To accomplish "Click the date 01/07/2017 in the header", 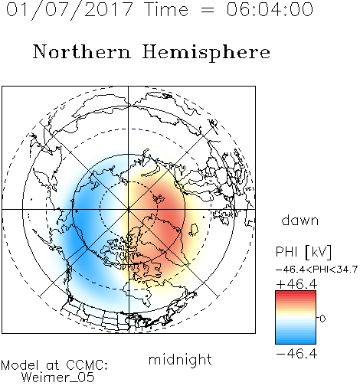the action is [69, 10].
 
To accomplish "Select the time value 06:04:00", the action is [270, 9].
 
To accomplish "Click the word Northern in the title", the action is [82, 51].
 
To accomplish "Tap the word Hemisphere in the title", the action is [206, 53].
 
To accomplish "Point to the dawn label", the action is [300, 220].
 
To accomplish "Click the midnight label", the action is [180, 360].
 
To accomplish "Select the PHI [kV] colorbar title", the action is [303, 252].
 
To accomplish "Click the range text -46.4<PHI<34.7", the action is [316, 270].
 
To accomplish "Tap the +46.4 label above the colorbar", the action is [296, 284].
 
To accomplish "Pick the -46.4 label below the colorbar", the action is [296, 354].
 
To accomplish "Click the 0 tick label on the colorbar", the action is [322, 319].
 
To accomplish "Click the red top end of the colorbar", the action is [296, 293].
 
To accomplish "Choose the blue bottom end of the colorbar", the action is [296, 342].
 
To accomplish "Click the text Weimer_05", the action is [58, 377].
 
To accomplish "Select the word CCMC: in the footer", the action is [87, 365].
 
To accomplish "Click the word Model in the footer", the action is [20, 365].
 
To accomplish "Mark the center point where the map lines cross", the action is [129, 209].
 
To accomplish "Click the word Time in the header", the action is [166, 9].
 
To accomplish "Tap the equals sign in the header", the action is [207, 11].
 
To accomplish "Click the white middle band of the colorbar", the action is [296, 318].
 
